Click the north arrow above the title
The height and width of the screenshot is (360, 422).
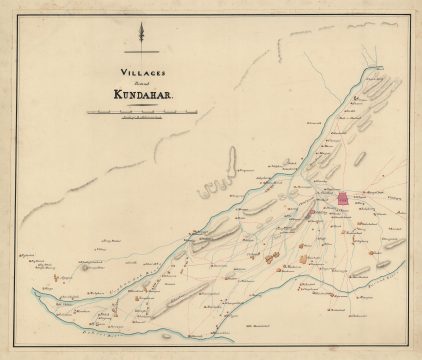142,35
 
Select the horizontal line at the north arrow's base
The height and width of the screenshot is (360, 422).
142,50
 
